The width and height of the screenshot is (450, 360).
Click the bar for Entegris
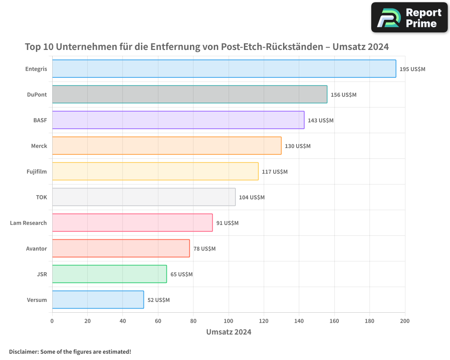coord(224,69)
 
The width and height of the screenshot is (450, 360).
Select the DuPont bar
coord(189,94)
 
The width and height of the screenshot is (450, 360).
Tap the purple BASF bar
coord(178,120)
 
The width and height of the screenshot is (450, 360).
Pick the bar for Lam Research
coord(132,223)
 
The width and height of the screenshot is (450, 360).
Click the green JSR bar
coord(109,274)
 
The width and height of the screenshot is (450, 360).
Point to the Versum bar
coord(98,300)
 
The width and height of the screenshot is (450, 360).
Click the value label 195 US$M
coord(412,69)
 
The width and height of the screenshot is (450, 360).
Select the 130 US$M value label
coord(297,146)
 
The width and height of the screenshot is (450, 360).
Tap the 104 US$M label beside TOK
coord(252,198)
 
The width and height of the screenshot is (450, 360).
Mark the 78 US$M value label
coord(204,249)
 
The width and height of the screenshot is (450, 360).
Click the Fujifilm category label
coord(36,171)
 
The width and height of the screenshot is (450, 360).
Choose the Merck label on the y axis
coord(39,146)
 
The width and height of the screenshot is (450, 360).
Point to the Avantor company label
coord(36,248)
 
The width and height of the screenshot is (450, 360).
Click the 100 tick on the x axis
coord(229,321)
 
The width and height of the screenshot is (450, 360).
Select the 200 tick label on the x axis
coord(405,321)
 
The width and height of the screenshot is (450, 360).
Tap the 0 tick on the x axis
coord(52,321)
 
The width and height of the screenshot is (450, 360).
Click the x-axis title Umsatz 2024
coord(229,332)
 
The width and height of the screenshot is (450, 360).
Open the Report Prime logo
coord(409,18)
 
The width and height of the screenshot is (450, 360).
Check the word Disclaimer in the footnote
coord(23,352)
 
